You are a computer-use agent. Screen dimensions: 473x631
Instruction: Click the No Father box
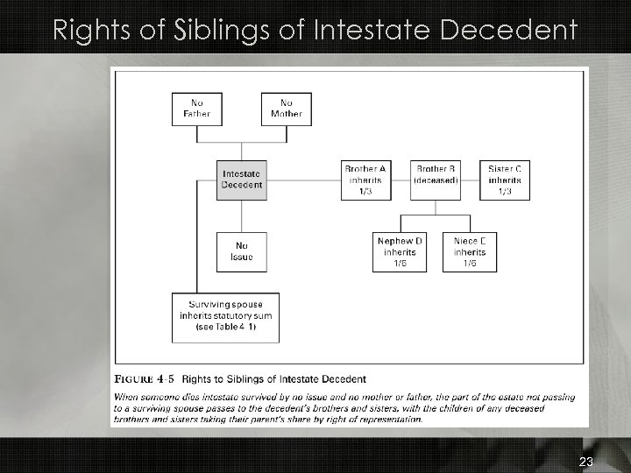[x=196, y=108]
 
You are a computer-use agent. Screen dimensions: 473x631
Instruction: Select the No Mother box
[x=286, y=108]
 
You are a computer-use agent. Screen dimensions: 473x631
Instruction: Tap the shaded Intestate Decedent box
[x=241, y=179]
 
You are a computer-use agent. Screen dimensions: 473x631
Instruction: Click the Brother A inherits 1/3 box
[x=365, y=180]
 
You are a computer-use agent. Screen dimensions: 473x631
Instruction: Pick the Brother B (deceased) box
[x=436, y=180]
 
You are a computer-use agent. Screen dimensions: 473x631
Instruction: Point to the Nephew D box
[x=400, y=252]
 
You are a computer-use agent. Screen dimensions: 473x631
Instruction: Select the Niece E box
[x=470, y=252]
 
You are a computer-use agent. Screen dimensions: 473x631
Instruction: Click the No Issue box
[x=241, y=251]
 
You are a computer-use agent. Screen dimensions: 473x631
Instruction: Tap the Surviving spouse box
[x=226, y=317]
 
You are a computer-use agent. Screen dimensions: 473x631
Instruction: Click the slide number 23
[x=586, y=462]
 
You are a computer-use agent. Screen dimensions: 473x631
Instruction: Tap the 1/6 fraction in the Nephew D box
[x=400, y=264]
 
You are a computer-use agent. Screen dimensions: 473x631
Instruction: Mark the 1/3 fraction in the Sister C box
[x=506, y=191]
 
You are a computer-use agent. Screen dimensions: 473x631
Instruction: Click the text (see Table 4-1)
[x=226, y=328]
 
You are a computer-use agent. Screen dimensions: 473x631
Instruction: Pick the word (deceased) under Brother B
[x=436, y=180]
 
